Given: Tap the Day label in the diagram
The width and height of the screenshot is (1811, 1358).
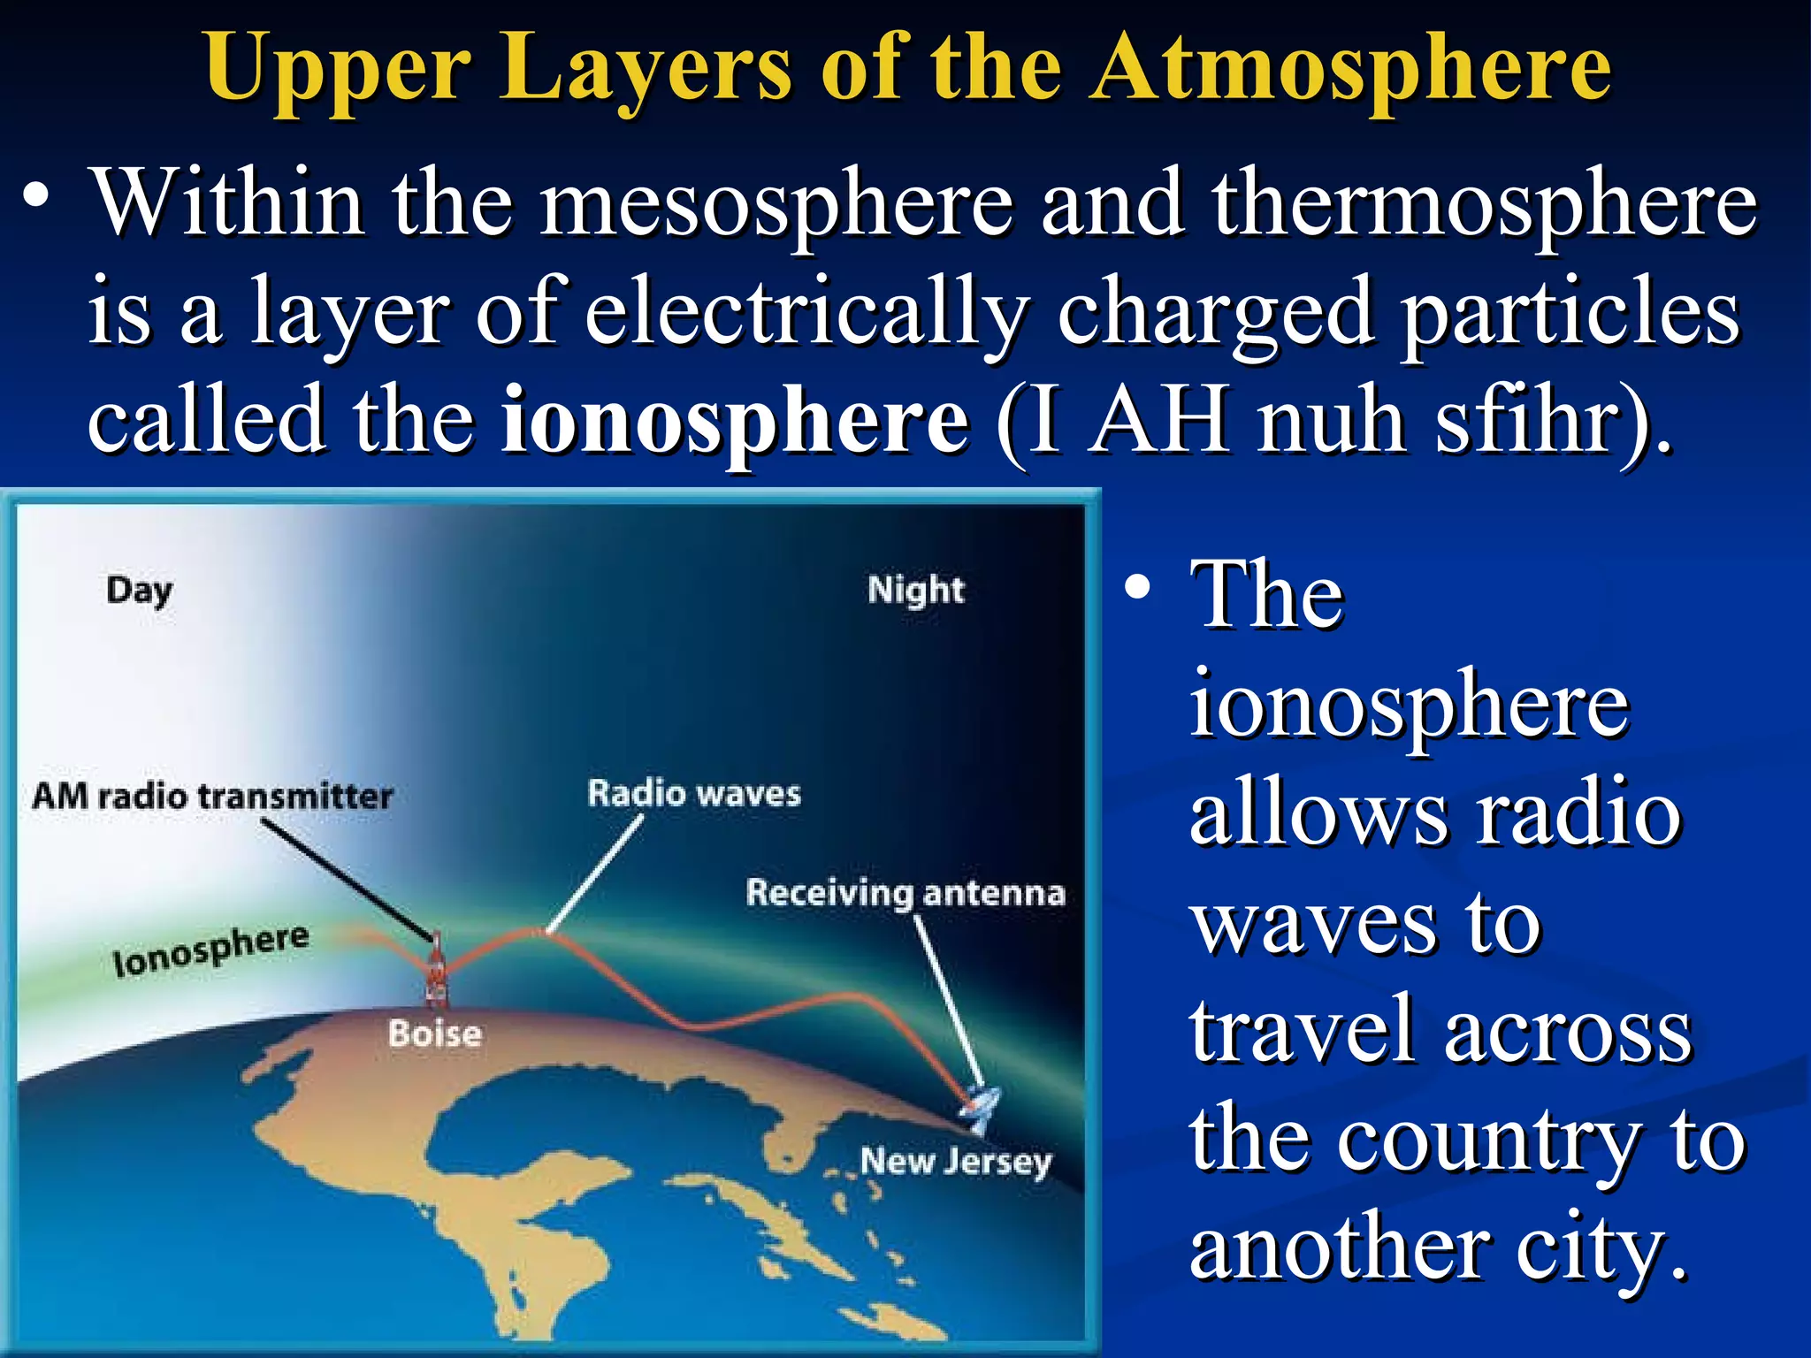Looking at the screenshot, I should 140,591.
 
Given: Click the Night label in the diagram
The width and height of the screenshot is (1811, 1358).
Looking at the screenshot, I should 915,590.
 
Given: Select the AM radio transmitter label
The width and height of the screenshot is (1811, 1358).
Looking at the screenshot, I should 212,797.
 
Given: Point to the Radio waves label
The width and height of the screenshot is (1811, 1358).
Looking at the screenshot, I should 694,793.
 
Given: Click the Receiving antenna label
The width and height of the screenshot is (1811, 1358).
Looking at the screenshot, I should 905,893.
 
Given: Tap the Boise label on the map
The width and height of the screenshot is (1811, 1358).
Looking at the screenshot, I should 435,1034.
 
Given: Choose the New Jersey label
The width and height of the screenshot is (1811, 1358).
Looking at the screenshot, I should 956,1161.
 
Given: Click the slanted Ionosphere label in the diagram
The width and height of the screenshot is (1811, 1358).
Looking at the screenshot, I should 211,950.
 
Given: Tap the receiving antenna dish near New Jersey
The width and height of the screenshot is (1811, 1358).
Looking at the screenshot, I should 982,1105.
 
